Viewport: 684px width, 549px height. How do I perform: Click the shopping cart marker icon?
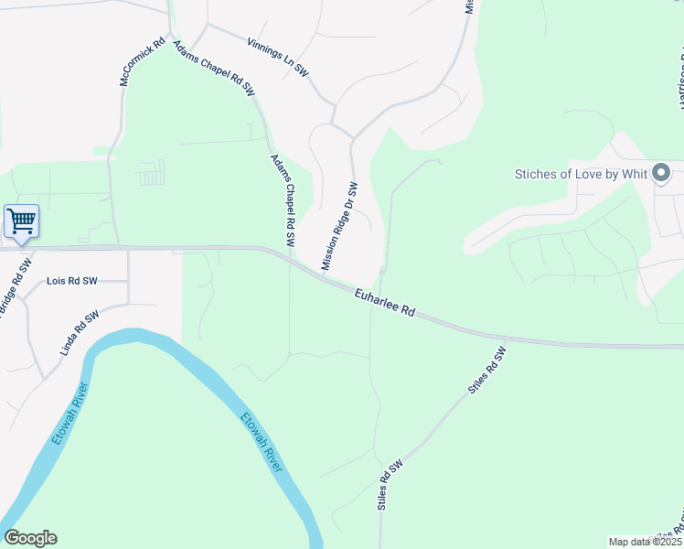21,220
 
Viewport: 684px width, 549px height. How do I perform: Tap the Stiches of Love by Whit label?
581,173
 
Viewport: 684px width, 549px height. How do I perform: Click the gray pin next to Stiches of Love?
663,172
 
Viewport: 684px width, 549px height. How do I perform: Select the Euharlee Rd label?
385,300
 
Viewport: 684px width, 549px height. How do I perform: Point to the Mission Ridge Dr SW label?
338,225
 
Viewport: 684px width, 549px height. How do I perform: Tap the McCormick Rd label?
143,62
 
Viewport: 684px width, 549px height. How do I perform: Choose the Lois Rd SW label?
71,281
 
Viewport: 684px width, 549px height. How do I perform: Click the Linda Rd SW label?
80,334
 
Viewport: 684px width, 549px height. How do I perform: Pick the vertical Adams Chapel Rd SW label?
283,200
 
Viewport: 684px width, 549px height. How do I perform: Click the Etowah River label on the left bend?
69,414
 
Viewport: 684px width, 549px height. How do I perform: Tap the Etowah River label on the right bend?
262,443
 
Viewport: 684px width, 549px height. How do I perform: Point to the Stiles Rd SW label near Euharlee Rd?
486,370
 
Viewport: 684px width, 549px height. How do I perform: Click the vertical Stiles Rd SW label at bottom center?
390,485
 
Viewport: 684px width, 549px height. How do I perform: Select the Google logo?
30,538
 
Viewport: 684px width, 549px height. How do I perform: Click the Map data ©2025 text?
644,542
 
